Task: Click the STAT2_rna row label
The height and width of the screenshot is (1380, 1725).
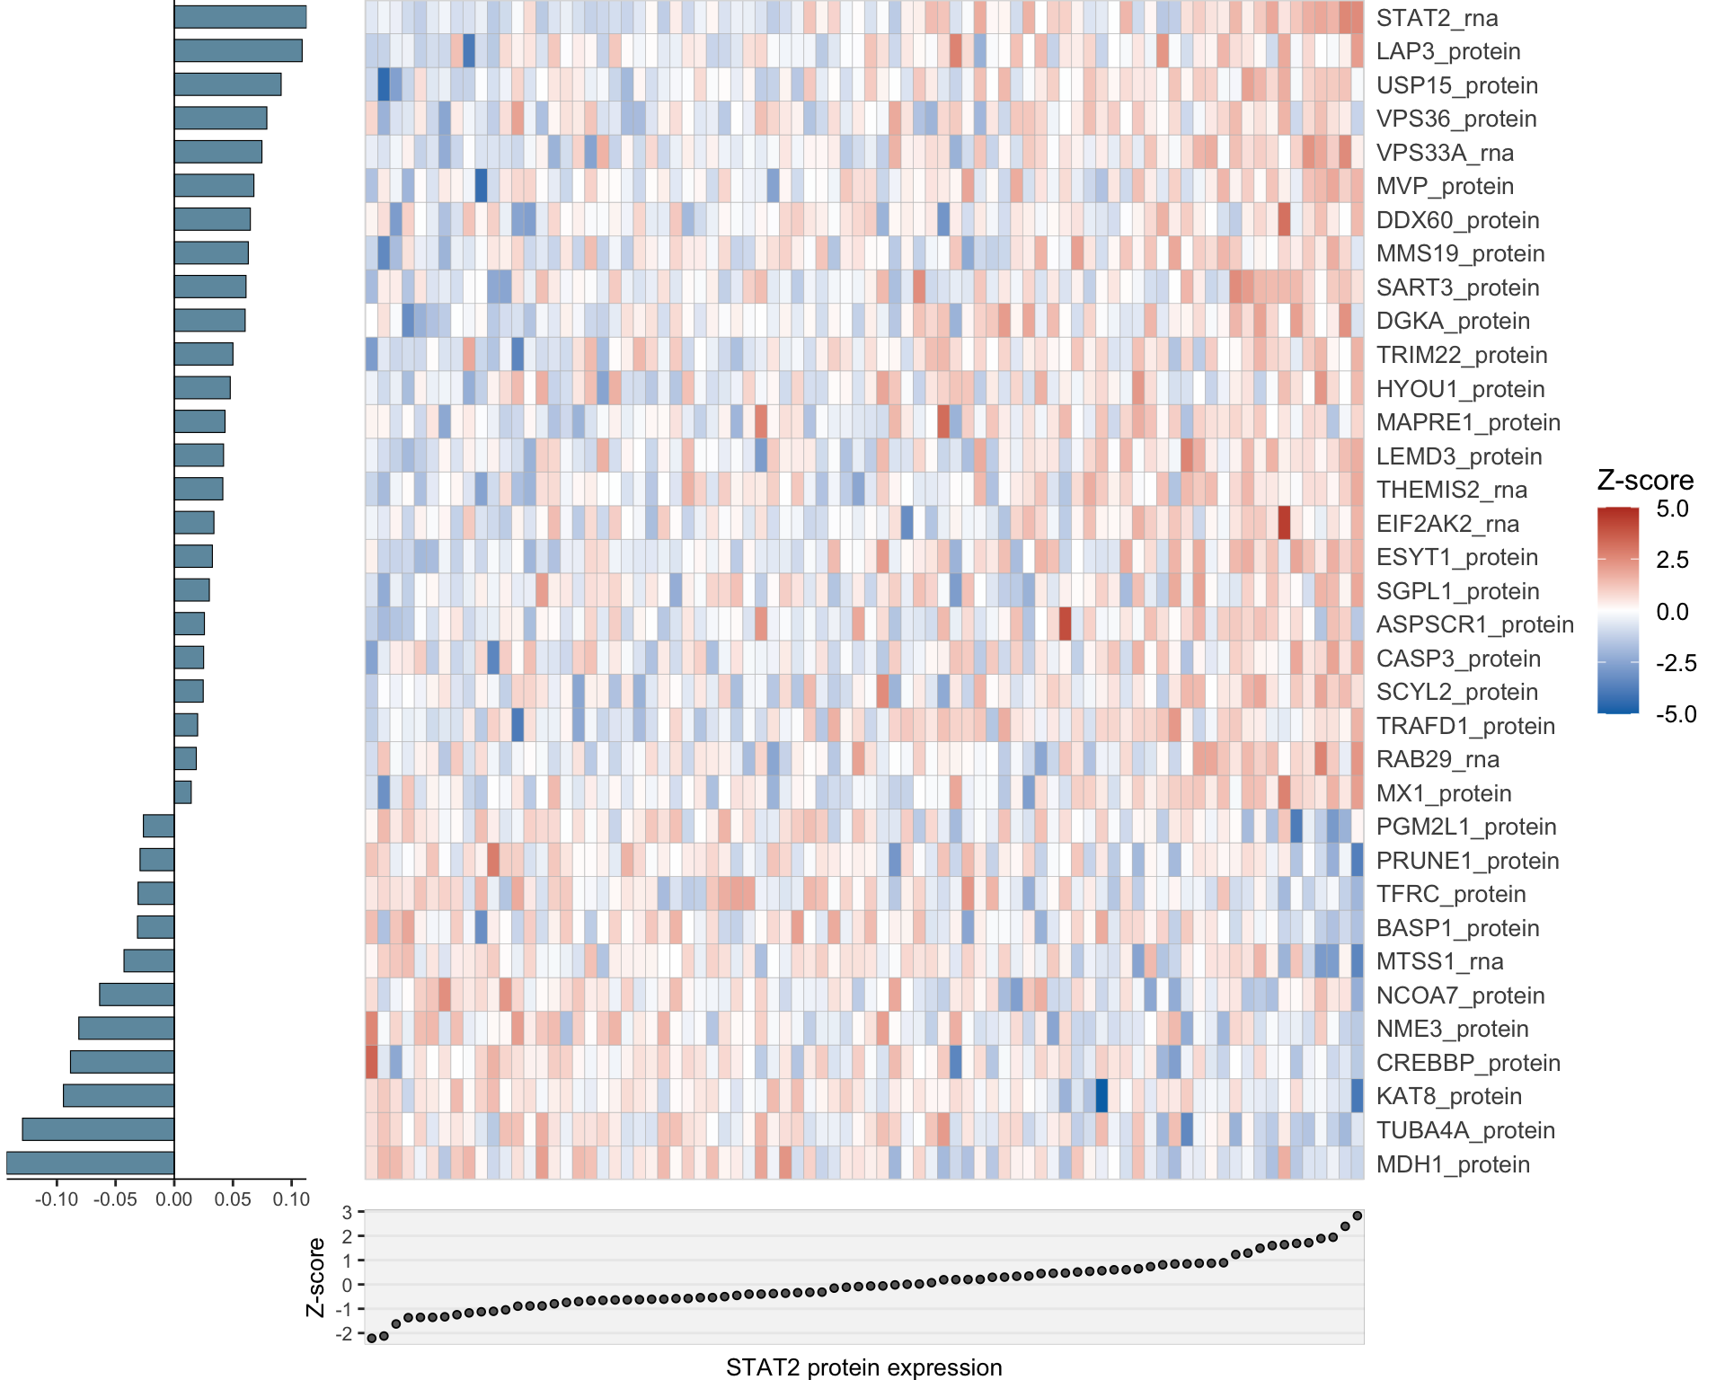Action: [x=1437, y=18]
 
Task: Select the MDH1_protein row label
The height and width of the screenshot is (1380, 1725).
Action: [x=1453, y=1164]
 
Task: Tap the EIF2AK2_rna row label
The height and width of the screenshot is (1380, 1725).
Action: [x=1447, y=524]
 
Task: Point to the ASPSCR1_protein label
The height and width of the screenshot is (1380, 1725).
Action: [x=1474, y=624]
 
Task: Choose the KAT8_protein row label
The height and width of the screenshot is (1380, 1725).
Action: [x=1448, y=1096]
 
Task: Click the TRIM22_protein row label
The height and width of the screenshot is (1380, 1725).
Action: [x=1461, y=355]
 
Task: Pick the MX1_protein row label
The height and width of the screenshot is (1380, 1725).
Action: [x=1444, y=793]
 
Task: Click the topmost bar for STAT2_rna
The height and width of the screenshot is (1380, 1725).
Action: [x=240, y=17]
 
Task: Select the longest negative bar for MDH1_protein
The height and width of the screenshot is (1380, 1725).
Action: [x=90, y=1163]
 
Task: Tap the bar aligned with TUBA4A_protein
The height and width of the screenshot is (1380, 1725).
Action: [x=98, y=1129]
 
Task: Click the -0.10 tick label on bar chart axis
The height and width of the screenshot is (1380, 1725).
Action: [x=56, y=1199]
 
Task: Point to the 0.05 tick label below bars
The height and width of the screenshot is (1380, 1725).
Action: [x=233, y=1199]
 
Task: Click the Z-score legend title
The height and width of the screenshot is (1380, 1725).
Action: [x=1645, y=481]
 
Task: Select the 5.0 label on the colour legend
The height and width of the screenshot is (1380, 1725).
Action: [x=1672, y=509]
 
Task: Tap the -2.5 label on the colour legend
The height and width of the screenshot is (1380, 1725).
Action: [x=1676, y=663]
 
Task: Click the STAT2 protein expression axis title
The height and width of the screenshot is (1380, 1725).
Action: [x=863, y=1367]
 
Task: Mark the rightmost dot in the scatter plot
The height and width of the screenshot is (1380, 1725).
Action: [x=1358, y=1216]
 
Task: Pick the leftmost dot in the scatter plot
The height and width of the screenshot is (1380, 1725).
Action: [x=372, y=1338]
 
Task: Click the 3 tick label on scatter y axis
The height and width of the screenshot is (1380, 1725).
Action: [x=347, y=1213]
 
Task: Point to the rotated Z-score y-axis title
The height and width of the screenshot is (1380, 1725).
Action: [x=315, y=1277]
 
